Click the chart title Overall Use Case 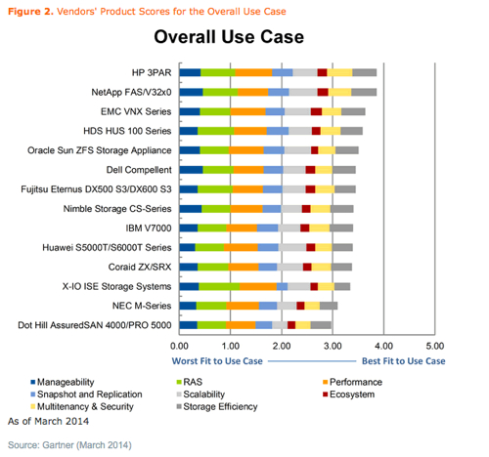point(229,36)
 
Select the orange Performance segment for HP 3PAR point(253,72)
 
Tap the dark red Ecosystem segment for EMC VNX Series point(316,111)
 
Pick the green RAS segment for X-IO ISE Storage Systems point(219,286)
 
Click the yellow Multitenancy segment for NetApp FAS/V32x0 point(339,92)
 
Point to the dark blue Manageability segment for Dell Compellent point(191,170)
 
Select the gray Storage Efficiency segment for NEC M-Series point(329,306)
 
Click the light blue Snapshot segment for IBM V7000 point(267,228)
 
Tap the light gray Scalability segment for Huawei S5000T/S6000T point(292,247)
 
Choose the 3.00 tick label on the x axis point(333,346)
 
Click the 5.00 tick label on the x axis point(435,346)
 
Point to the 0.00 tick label point(179,346)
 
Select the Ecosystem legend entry point(348,395)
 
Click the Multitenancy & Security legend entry point(82,407)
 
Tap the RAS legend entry point(189,382)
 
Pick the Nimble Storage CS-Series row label point(117,209)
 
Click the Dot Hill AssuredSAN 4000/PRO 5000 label point(95,325)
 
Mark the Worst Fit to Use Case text point(217,361)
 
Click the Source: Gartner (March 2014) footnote point(69,445)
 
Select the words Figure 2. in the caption point(30,12)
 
